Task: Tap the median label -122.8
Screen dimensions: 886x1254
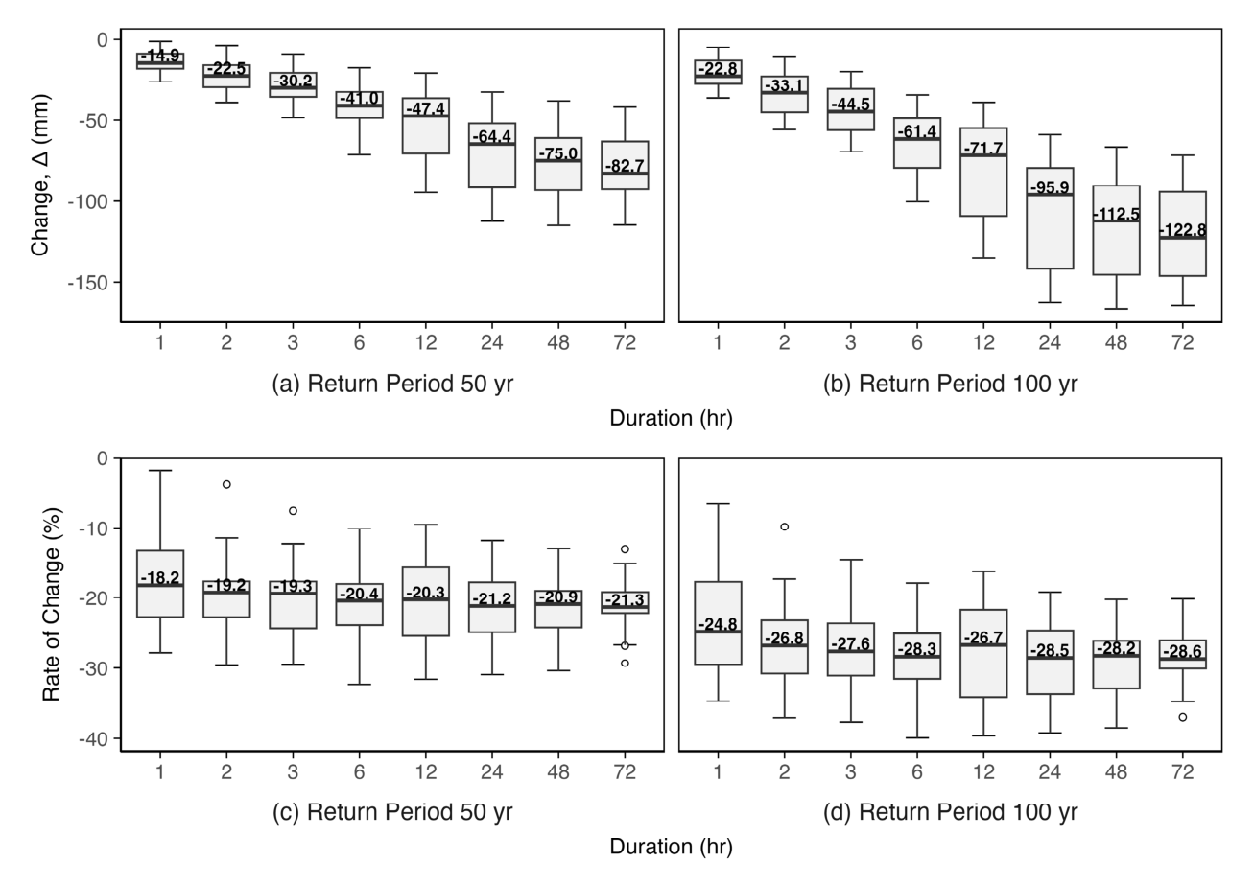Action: tap(1182, 230)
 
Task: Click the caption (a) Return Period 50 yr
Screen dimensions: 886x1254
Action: tap(391, 385)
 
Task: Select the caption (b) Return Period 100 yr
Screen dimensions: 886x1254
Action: tap(949, 385)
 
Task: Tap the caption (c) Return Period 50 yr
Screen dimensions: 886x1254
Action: tap(391, 812)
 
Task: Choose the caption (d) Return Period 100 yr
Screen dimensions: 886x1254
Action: tap(949, 812)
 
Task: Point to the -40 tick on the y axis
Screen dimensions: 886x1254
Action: tap(97, 738)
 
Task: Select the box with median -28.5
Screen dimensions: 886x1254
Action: tap(1050, 663)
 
